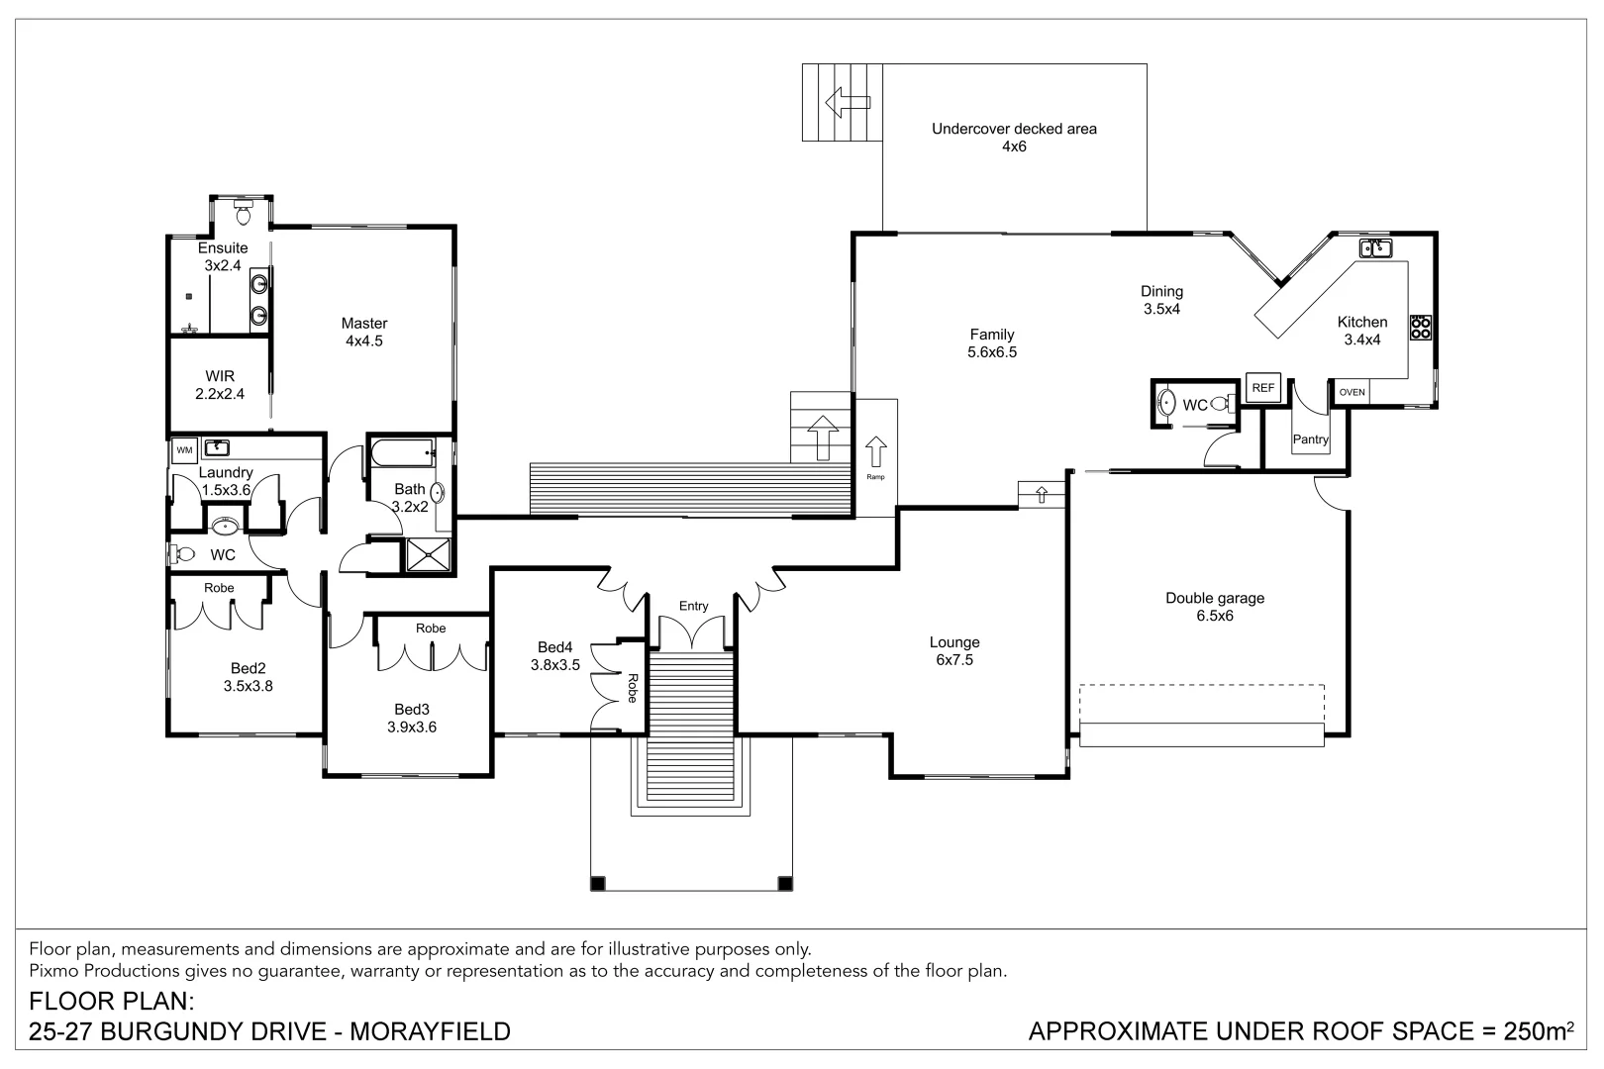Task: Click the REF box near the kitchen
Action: tap(1263, 388)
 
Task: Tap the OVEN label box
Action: tap(1352, 392)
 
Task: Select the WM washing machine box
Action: tap(184, 449)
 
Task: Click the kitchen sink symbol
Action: tap(1375, 247)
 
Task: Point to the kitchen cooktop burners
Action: tap(1421, 327)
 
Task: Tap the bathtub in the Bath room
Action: tap(402, 454)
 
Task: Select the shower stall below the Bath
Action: tap(429, 555)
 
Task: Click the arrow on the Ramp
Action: tap(875, 452)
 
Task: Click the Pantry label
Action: tap(1310, 439)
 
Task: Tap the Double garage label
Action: tap(1214, 598)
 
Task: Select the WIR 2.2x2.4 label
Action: tap(220, 385)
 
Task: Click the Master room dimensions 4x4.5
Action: tap(363, 341)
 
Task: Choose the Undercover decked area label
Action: tap(1014, 129)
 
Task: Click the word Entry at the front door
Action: tap(693, 606)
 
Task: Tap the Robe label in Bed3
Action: tap(431, 629)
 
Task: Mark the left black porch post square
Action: tap(597, 883)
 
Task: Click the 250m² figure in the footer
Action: tap(1538, 1031)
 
